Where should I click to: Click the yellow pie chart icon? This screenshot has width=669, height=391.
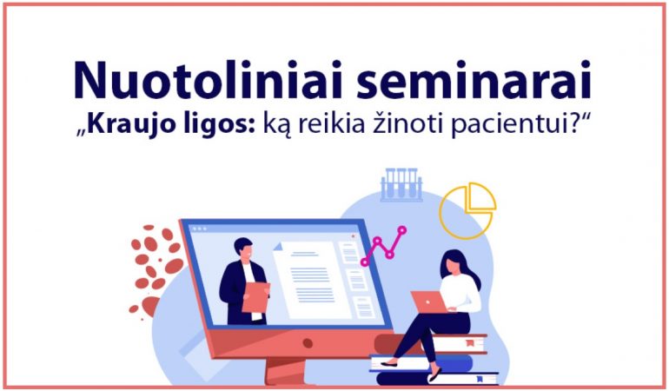468,209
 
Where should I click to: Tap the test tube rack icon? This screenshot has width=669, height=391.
401,184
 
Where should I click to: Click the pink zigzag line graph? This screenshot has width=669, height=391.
383,246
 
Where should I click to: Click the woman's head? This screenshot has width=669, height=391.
454,263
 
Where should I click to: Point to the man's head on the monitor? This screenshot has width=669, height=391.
243,249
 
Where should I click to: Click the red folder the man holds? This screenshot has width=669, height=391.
255,297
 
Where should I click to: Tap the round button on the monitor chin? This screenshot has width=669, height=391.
308,342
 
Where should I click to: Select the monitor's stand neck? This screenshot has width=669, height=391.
285,370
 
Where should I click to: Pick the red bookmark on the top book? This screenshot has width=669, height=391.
470,342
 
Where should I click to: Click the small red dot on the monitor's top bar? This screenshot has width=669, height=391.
353,235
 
